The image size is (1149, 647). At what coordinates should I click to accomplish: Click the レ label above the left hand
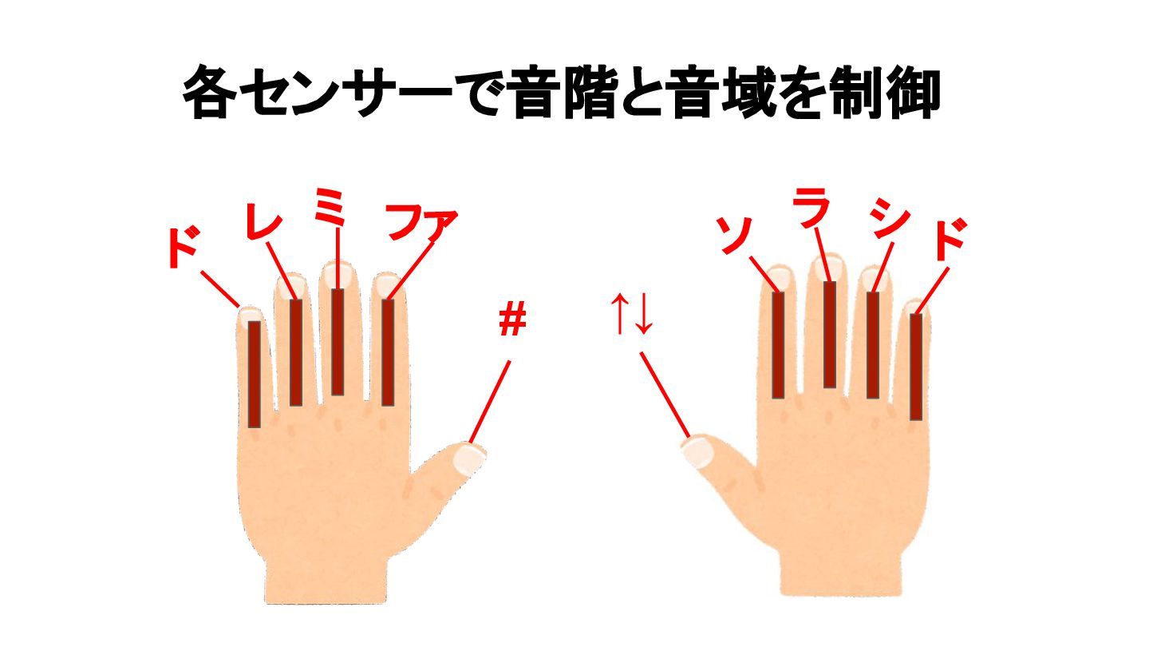[x=265, y=220]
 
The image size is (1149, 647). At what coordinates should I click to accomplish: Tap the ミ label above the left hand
[x=330, y=206]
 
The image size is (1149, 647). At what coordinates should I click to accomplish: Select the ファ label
[x=421, y=224]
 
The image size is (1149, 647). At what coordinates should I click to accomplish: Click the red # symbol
[x=512, y=318]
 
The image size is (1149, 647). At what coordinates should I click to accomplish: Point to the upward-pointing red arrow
[x=620, y=314]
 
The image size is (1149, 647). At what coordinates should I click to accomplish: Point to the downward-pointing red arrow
[x=643, y=314]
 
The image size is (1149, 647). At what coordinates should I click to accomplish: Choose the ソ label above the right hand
[x=733, y=235]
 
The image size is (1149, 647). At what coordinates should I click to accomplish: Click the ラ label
[x=811, y=207]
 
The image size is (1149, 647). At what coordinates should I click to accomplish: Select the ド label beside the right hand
[x=950, y=239]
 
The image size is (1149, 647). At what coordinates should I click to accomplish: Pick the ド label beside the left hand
[x=184, y=248]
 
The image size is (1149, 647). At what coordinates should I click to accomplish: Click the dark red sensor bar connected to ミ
[x=338, y=342]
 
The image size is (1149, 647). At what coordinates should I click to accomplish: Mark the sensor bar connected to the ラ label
[x=830, y=334]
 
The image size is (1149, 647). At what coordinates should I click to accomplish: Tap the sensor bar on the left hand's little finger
[x=255, y=375]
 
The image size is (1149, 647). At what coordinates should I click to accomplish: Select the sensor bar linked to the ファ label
[x=389, y=353]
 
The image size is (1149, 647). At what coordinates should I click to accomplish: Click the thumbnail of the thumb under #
[x=469, y=458]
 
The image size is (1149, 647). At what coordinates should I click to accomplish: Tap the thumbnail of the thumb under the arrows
[x=696, y=451]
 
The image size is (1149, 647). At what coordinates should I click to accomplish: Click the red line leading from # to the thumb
[x=490, y=402]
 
